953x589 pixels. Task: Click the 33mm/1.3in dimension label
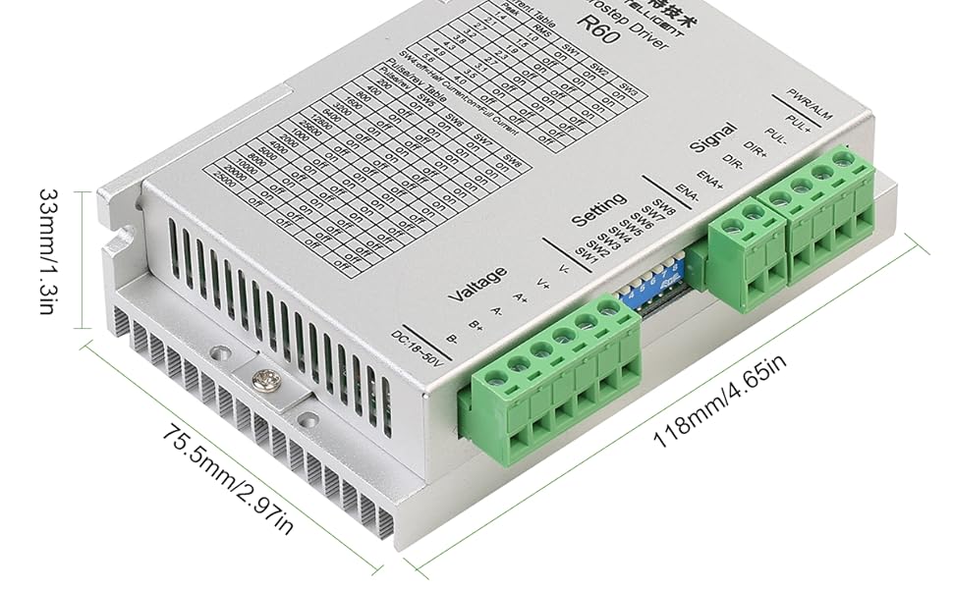coord(50,252)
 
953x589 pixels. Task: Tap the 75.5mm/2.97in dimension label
coord(227,480)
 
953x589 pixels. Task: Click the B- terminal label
coord(452,339)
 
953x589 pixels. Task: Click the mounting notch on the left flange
coord(123,240)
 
